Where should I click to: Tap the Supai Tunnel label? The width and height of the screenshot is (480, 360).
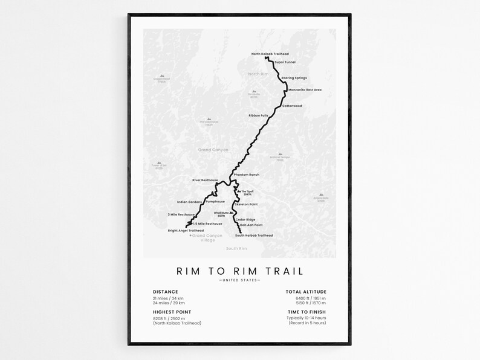285,62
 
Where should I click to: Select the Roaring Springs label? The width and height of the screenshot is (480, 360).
294,78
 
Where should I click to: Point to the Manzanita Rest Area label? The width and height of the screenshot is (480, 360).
305,89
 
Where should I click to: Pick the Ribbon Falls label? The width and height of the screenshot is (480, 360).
258,115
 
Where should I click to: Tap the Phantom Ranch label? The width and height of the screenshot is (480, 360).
246,175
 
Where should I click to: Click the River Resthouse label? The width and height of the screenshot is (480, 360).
204,180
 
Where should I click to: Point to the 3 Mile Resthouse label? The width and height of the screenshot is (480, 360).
181,214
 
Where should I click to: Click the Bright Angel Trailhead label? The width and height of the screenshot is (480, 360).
186,230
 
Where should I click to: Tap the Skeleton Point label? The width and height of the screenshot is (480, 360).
246,205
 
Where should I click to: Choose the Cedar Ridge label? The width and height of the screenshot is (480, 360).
245,219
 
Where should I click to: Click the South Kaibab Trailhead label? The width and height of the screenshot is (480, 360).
254,235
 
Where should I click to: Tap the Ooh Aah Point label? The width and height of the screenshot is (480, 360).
251,225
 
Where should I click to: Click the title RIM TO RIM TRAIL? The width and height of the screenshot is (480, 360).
240,271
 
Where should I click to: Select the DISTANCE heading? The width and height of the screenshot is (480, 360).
165,292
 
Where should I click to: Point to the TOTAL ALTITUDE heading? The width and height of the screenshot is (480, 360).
306,292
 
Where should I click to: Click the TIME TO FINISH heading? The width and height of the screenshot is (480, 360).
306,312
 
